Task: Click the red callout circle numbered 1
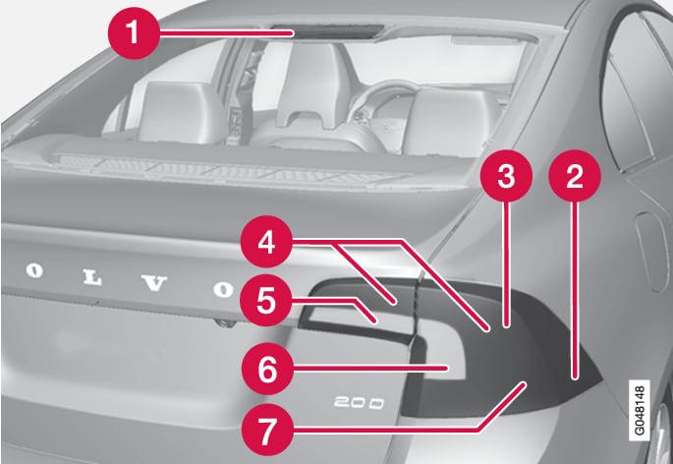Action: pos(134,33)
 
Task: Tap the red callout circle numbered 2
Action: pos(575,176)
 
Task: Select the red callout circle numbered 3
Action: pos(506,176)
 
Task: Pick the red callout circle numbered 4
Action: pos(266,242)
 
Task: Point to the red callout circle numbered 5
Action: pos(266,300)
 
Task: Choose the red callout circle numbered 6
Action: pos(267,369)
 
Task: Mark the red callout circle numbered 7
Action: pos(267,430)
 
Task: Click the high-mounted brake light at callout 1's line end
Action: pos(327,30)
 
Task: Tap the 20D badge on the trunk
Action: pos(359,403)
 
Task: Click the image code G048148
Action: pos(639,410)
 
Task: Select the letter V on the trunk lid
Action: pos(154,283)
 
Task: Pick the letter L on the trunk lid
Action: pos(92,278)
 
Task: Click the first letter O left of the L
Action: pos(34,271)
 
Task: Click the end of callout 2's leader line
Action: pos(575,378)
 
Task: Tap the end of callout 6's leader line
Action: pos(448,368)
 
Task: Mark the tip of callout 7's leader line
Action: pos(525,382)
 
